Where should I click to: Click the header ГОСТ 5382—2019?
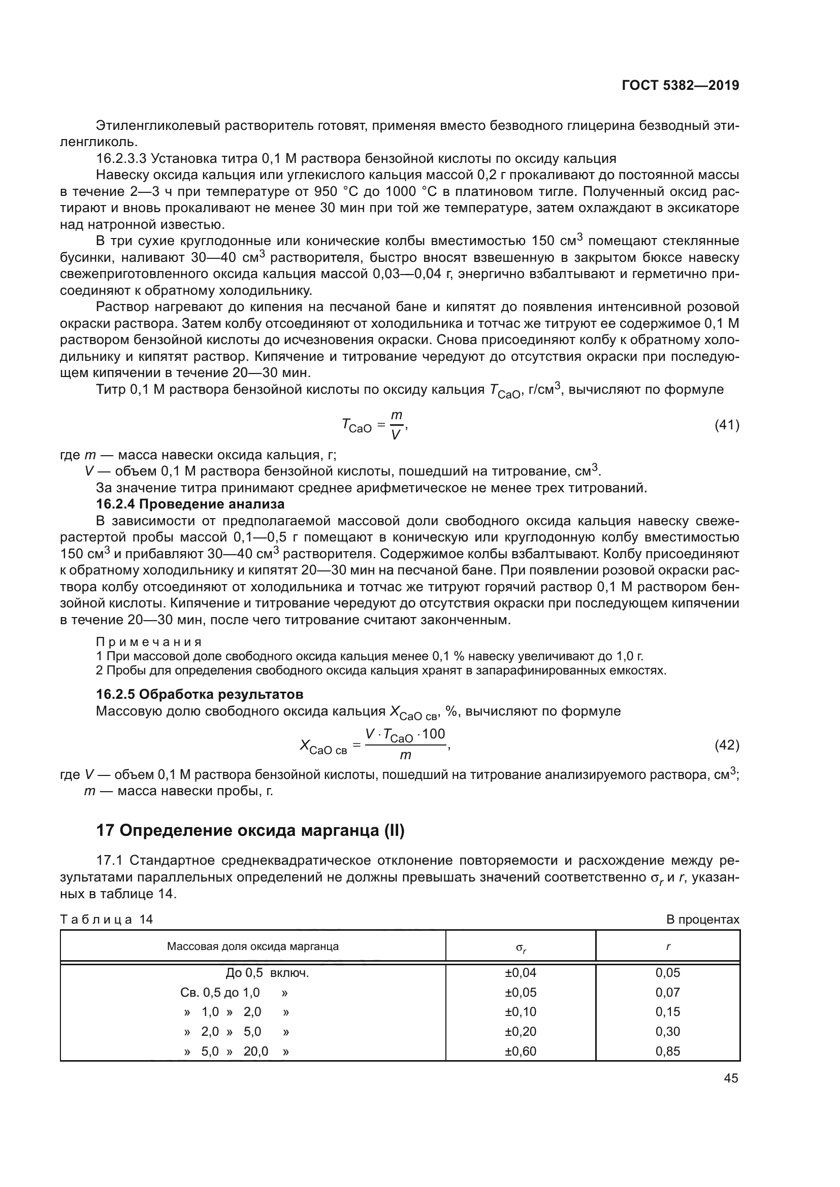pyautogui.click(x=680, y=85)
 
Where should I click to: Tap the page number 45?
pyautogui.click(x=731, y=1078)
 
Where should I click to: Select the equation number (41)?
pyautogui.click(x=727, y=425)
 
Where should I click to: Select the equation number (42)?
pyautogui.click(x=727, y=745)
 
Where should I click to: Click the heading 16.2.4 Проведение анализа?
pyautogui.click(x=190, y=504)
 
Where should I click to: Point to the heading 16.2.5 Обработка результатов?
pyautogui.click(x=200, y=694)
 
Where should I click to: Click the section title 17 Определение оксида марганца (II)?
pyautogui.click(x=250, y=831)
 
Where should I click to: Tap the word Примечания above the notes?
pyautogui.click(x=149, y=642)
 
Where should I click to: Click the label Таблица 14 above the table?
pyautogui.click(x=107, y=920)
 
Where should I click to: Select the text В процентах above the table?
pyautogui.click(x=702, y=920)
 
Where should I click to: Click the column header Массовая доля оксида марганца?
pyautogui.click(x=252, y=946)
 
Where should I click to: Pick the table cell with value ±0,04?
pyautogui.click(x=521, y=973)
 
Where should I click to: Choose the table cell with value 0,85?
pyautogui.click(x=667, y=1052)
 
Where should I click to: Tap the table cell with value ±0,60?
pyautogui.click(x=521, y=1052)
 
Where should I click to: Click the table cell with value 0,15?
pyautogui.click(x=667, y=1012)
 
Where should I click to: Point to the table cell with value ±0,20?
pyautogui.click(x=521, y=1032)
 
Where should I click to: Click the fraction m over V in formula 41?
pyautogui.click(x=396, y=425)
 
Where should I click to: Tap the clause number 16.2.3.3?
pyautogui.click(x=118, y=159)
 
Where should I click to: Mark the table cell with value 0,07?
pyautogui.click(x=667, y=993)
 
